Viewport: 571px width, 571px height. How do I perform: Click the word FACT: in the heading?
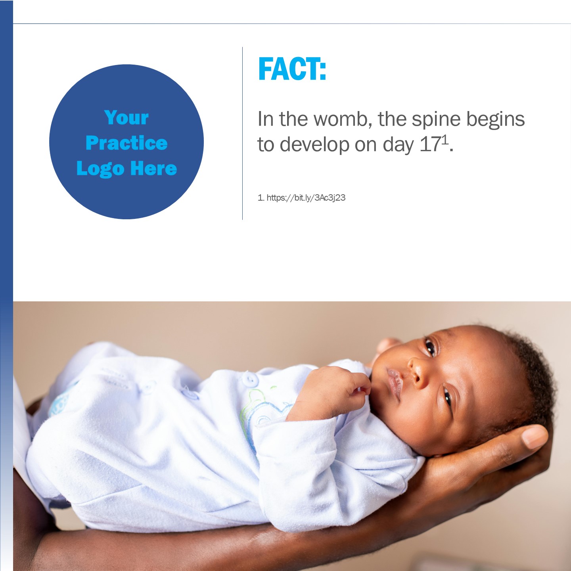(x=292, y=69)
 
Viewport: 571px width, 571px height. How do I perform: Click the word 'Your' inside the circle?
(x=126, y=117)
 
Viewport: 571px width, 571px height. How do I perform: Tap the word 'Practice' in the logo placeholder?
(x=126, y=143)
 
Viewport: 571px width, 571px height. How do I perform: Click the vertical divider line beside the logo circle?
(x=242, y=133)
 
